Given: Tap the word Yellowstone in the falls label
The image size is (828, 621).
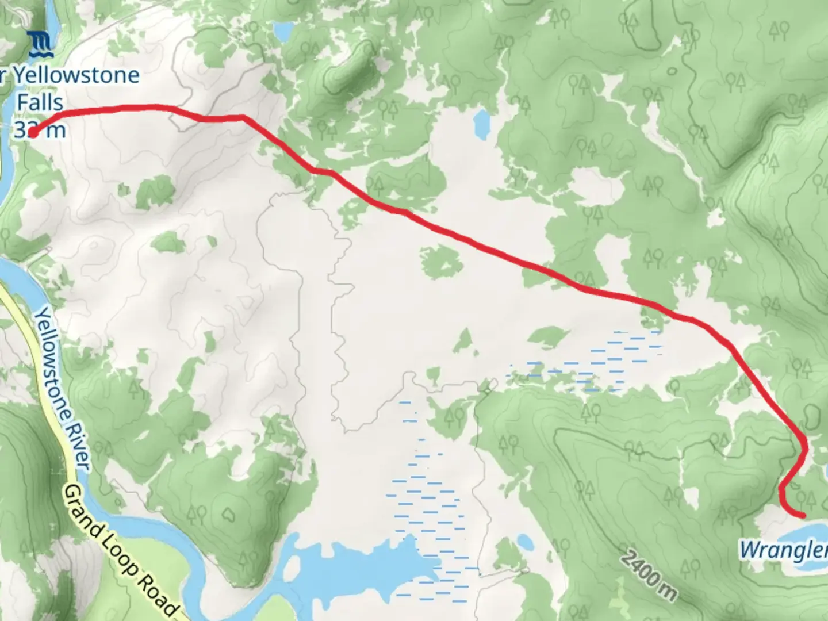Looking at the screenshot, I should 75,75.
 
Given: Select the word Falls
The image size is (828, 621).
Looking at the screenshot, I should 40,103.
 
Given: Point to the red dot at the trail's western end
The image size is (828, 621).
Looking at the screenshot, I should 33,133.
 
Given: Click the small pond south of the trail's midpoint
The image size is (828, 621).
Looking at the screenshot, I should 525,542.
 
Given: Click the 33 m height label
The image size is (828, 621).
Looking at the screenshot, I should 40,130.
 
